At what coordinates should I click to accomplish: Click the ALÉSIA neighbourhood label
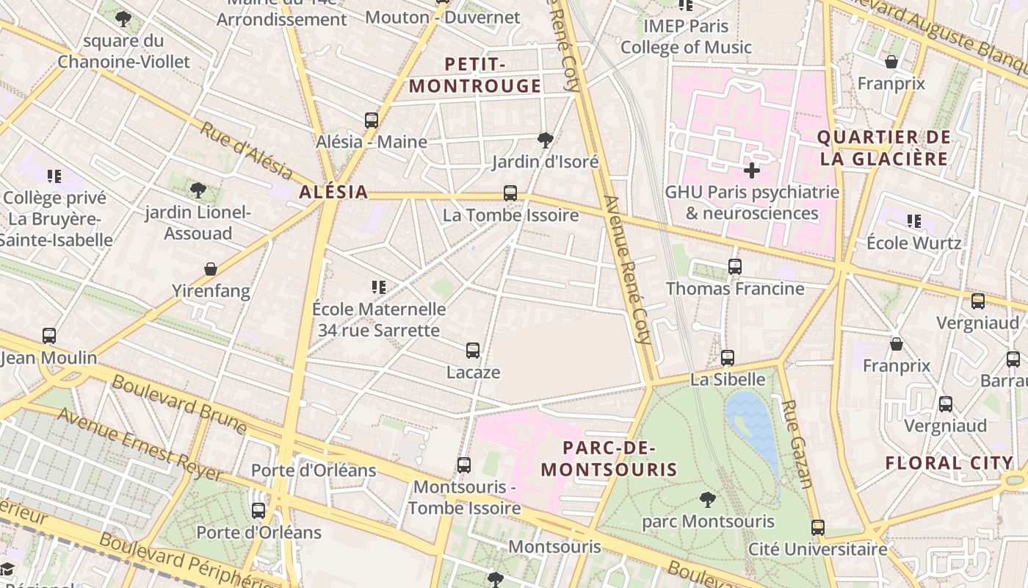333,193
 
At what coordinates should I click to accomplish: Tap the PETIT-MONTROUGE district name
475,76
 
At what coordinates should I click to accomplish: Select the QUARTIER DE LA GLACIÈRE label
883,148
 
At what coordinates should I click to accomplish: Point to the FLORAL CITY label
949,463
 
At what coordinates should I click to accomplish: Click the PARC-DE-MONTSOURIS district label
609,459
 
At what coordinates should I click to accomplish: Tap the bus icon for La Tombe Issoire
510,193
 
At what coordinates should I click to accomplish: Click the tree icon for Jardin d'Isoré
545,140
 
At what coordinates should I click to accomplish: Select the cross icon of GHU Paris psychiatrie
751,171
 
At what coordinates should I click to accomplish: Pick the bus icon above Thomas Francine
735,267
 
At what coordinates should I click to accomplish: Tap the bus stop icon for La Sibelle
728,358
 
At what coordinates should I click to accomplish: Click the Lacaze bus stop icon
473,351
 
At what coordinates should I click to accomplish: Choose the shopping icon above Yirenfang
211,269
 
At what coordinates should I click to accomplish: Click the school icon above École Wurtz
913,220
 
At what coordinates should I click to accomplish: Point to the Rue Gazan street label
797,444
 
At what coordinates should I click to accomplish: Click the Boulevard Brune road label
179,404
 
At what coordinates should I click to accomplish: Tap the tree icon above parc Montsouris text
707,500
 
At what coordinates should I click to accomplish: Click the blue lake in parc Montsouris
753,426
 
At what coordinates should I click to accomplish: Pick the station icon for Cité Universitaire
818,527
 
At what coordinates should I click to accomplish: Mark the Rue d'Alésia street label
245,151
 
